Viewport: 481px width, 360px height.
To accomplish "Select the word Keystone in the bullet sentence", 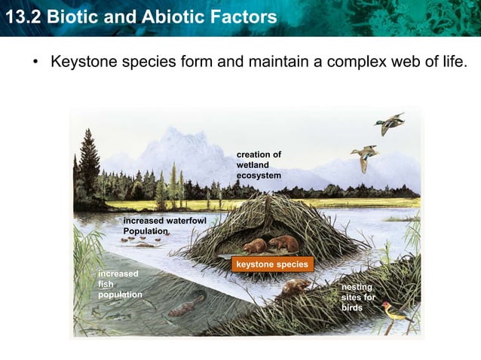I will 83,60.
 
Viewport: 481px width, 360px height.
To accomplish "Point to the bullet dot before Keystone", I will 35,61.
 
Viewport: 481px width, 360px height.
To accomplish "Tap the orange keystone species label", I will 271,264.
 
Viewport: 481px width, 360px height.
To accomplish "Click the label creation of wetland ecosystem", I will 259,165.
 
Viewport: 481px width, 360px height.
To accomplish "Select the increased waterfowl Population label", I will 164,224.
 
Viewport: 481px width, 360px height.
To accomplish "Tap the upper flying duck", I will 390,124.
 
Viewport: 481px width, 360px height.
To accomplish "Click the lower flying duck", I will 365,157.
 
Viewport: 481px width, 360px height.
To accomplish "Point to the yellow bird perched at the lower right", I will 395,311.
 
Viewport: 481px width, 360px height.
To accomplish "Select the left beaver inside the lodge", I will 255,246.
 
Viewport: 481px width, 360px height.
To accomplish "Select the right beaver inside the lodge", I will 284,243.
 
